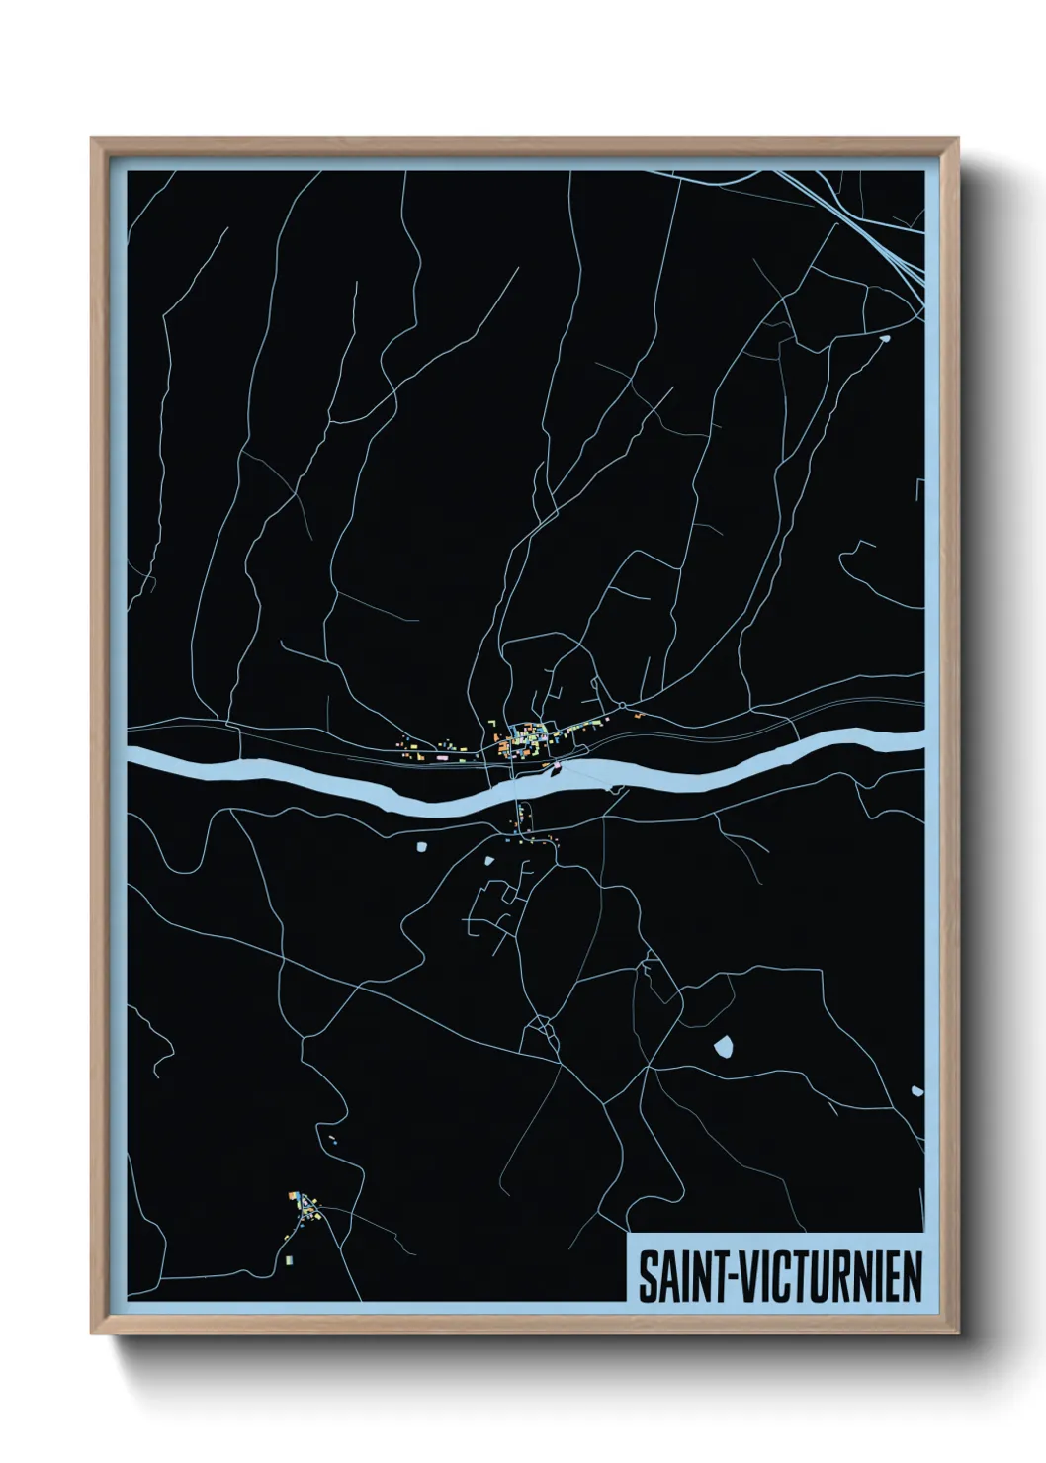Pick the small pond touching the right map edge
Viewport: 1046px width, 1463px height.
point(916,1091)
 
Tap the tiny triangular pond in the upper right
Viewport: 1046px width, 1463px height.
point(884,340)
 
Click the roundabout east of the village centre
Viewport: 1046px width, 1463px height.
point(624,704)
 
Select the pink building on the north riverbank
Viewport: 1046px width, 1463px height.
point(557,763)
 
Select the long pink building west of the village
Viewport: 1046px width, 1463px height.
point(441,756)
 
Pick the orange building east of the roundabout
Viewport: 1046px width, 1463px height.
point(640,714)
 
